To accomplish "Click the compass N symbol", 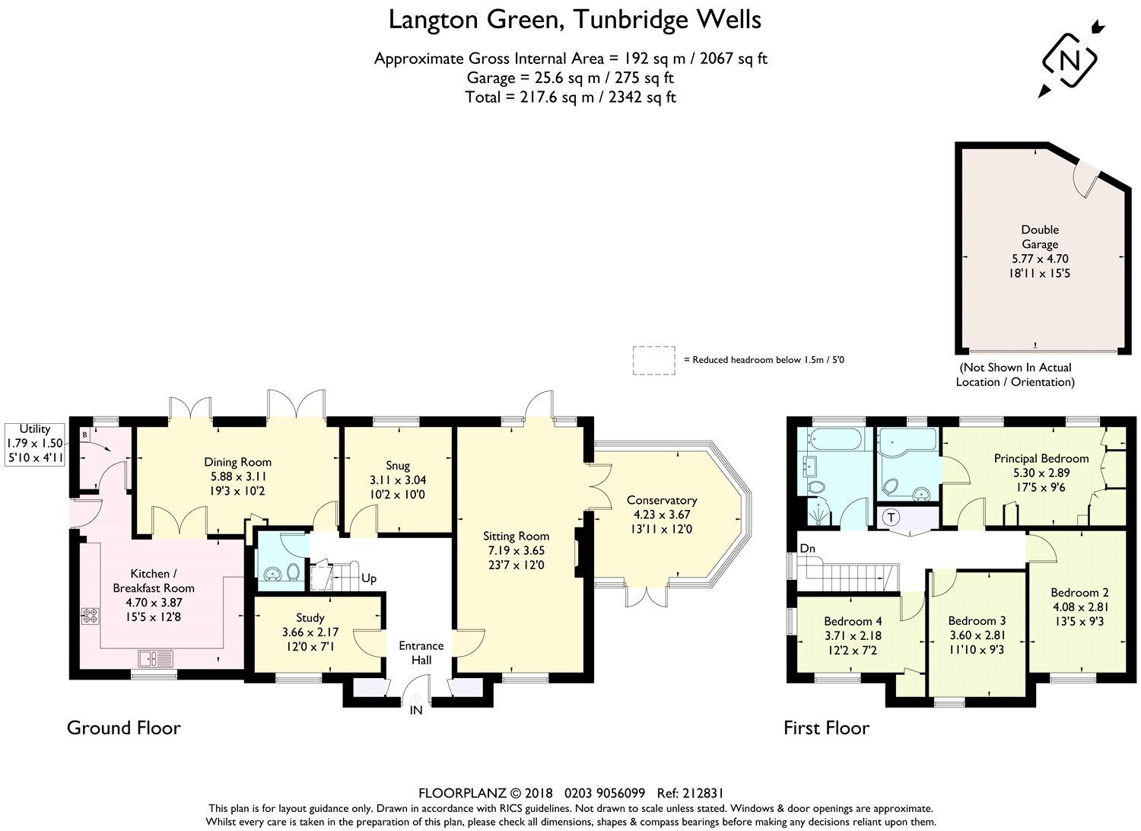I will (1069, 60).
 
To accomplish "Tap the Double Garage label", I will (1039, 237).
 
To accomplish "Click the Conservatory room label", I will (661, 500).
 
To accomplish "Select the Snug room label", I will (397, 466).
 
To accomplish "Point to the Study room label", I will (310, 618).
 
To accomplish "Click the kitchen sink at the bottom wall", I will (156, 657).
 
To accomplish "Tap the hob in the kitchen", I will (89, 616).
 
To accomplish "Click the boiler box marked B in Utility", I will (84, 435).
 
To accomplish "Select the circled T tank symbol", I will (892, 517).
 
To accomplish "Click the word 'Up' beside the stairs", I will (369, 578).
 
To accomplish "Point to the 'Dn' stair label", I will (807, 548).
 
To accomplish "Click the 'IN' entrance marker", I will (416, 711).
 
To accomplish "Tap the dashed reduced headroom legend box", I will (653, 360).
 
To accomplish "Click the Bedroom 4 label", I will (853, 621).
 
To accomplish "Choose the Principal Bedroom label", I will (1041, 458).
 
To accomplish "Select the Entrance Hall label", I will (421, 653).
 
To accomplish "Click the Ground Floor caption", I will (123, 728).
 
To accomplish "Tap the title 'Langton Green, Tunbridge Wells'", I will (574, 20).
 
